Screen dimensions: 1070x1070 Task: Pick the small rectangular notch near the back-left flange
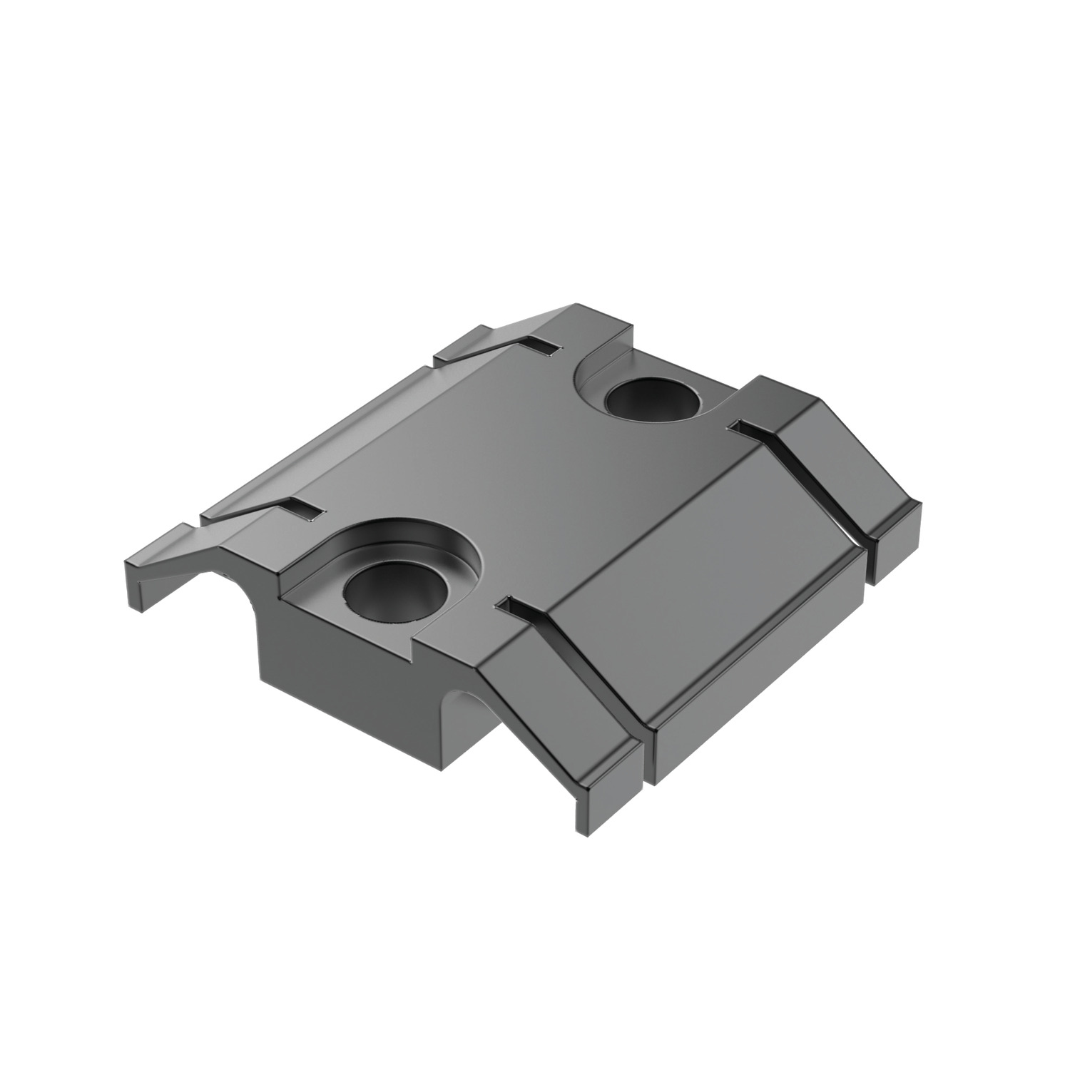pos(546,347)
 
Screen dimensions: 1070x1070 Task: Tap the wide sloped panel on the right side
pos(713,564)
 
